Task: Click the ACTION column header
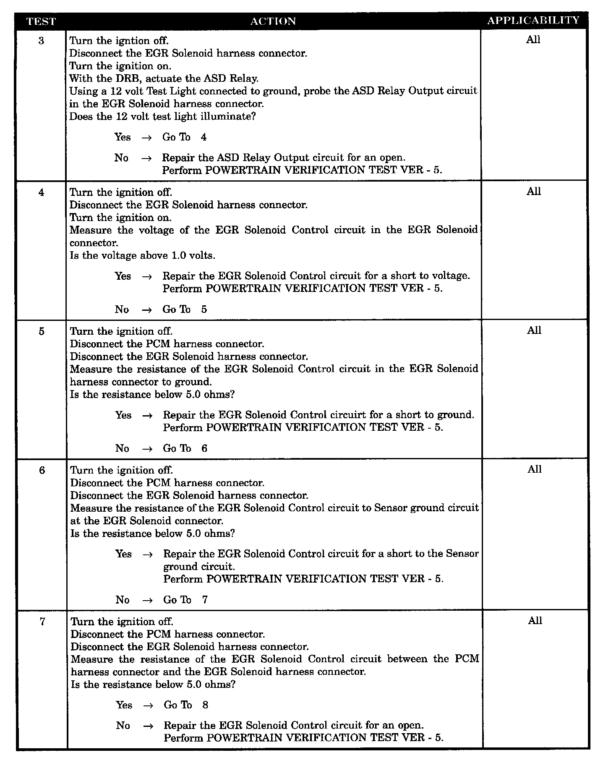pos(273,21)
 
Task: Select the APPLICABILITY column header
pos(533,21)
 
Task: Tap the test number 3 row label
pos(41,41)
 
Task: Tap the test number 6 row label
pos(42,470)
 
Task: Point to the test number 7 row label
pos(42,622)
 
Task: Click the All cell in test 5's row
pos(534,331)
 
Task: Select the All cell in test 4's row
pos(534,192)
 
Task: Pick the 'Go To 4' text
pos(184,137)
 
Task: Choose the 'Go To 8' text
pos(186,705)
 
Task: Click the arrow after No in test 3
pos(146,158)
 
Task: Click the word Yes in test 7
pos(124,705)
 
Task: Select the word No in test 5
pos(122,448)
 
